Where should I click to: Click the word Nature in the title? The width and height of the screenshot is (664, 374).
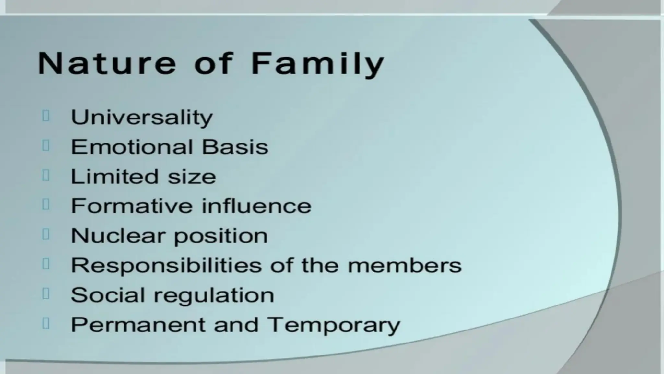[x=107, y=63]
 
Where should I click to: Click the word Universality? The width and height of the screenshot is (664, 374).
[x=142, y=118]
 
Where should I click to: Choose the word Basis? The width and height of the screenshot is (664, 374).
[x=235, y=147]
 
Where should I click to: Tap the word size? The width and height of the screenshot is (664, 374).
[x=192, y=177]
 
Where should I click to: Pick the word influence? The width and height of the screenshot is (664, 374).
[x=256, y=206]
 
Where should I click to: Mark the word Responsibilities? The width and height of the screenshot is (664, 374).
[x=166, y=266]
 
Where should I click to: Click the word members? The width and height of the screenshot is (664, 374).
[x=404, y=265]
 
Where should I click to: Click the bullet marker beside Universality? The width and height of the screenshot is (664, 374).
[x=46, y=116]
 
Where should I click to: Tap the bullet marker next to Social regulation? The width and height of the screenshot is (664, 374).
[x=46, y=294]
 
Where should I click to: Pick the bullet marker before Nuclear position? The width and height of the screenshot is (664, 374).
[x=46, y=234]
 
